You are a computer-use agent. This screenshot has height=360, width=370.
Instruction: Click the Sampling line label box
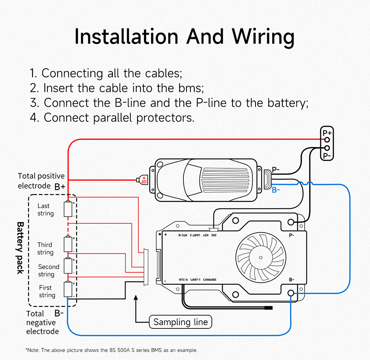181,322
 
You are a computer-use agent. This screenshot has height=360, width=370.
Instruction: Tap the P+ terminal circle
327,140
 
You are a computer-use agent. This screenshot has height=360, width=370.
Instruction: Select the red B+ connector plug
143,180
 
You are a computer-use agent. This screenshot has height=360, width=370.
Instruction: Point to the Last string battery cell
69,209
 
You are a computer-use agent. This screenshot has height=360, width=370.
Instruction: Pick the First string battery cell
69,289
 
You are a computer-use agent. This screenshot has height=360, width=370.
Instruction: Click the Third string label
45,249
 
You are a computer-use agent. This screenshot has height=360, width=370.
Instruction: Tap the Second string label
48,270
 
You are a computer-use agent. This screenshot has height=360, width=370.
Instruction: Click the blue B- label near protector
276,190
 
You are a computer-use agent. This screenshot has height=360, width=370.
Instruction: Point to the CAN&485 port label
211,280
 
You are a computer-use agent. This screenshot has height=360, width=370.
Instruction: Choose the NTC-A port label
183,280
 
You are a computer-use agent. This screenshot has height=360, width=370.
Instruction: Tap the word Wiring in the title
263,37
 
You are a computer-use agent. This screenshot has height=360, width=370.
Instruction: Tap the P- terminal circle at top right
327,148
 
